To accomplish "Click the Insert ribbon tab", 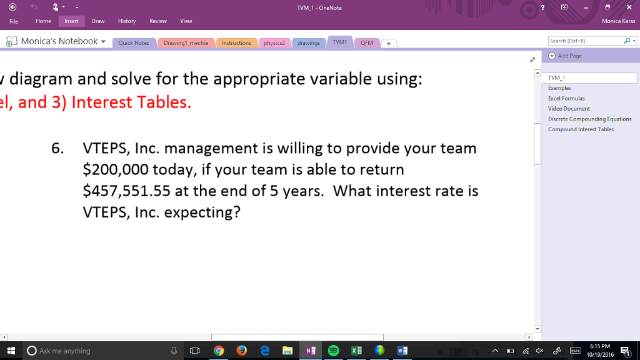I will pyautogui.click(x=71, y=21).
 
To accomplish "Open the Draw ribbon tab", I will pyautogui.click(x=98, y=21).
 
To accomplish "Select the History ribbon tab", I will pyautogui.click(x=127, y=21).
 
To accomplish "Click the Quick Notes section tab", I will pyautogui.click(x=134, y=43).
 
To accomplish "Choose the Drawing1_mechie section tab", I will pyautogui.click(x=186, y=43).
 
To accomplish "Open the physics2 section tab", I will pyautogui.click(x=274, y=43).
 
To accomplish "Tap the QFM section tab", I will pyautogui.click(x=367, y=43).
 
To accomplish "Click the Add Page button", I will pyautogui.click(x=569, y=56).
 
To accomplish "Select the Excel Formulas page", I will pyautogui.click(x=566, y=99).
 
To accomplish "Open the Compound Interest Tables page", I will pyautogui.click(x=581, y=129).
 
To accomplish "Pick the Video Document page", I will pyautogui.click(x=569, y=109).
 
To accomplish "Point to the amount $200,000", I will pyautogui.click(x=116, y=170).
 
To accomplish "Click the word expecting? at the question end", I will pyautogui.click(x=202, y=212).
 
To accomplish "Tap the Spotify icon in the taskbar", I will pyautogui.click(x=333, y=351).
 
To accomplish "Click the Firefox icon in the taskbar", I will pyautogui.click(x=241, y=351).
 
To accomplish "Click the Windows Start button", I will pyautogui.click(x=11, y=351).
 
